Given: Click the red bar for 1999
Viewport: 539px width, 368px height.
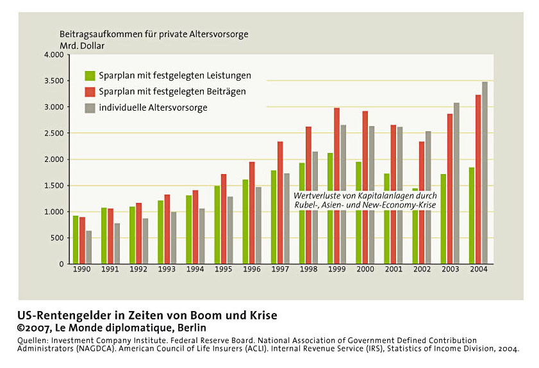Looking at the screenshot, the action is click(x=337, y=186).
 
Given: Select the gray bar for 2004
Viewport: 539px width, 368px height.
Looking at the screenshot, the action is click(x=485, y=173).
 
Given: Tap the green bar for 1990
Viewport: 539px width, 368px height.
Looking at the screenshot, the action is click(x=76, y=239).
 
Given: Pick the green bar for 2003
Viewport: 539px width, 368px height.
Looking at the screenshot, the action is click(x=444, y=219).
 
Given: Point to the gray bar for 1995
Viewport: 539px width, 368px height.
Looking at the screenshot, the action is click(x=230, y=230).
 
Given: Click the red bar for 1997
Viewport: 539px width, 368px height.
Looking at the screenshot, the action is click(x=280, y=202).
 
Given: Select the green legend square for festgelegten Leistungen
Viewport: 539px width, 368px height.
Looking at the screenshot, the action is click(x=90, y=76).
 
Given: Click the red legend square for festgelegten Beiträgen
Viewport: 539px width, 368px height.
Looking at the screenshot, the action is click(x=90, y=92).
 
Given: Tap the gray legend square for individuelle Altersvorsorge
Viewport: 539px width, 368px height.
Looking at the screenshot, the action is click(x=90, y=108).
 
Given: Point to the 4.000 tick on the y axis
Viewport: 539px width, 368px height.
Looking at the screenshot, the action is click(x=54, y=55).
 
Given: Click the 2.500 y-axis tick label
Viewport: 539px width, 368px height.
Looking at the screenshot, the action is click(x=54, y=133).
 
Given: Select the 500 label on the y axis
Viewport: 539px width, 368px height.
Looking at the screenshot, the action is click(x=57, y=238).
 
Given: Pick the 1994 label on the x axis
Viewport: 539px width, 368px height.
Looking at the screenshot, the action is click(x=195, y=269).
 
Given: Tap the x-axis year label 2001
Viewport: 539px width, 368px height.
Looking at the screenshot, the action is click(x=394, y=269).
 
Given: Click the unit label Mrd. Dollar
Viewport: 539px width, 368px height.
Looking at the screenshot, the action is click(x=82, y=45).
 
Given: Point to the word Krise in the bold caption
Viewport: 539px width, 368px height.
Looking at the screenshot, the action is click(x=263, y=315).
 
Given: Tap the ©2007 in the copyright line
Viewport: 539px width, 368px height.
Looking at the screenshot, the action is click(x=34, y=328).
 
